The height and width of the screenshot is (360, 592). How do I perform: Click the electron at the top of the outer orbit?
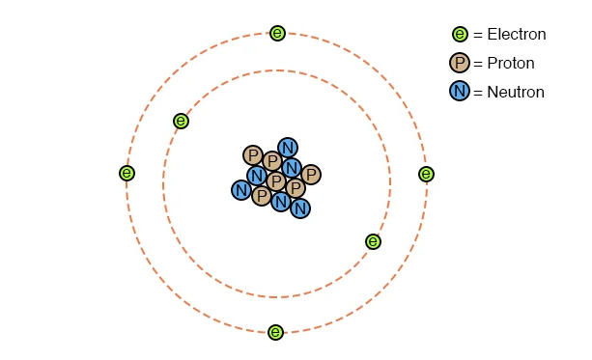(277, 33)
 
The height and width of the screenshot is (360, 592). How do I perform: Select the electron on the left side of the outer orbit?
(127, 173)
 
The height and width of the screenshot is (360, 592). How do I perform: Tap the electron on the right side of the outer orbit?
(426, 174)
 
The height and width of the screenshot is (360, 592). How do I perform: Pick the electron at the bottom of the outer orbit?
(275, 332)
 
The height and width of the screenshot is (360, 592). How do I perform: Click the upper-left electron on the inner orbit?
(181, 122)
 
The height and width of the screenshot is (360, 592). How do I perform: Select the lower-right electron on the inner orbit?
(373, 241)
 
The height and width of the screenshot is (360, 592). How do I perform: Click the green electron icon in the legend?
(460, 34)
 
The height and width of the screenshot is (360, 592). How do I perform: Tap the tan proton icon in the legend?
(460, 63)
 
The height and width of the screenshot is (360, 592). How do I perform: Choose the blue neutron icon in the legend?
(460, 91)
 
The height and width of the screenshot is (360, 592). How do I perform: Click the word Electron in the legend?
(517, 35)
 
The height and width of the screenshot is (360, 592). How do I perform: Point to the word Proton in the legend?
(511, 63)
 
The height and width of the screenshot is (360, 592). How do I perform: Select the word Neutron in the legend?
(516, 92)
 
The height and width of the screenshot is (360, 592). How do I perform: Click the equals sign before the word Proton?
(478, 64)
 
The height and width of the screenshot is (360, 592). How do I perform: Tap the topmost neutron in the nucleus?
(288, 148)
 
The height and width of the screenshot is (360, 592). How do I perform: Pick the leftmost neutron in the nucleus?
(241, 190)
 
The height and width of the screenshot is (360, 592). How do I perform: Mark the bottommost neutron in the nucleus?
(300, 208)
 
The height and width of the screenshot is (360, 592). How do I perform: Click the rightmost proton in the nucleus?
(311, 175)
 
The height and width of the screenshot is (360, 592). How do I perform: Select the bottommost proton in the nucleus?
(261, 196)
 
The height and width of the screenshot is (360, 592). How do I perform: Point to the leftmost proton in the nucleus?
(253, 155)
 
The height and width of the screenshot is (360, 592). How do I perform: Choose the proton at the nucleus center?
(276, 181)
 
